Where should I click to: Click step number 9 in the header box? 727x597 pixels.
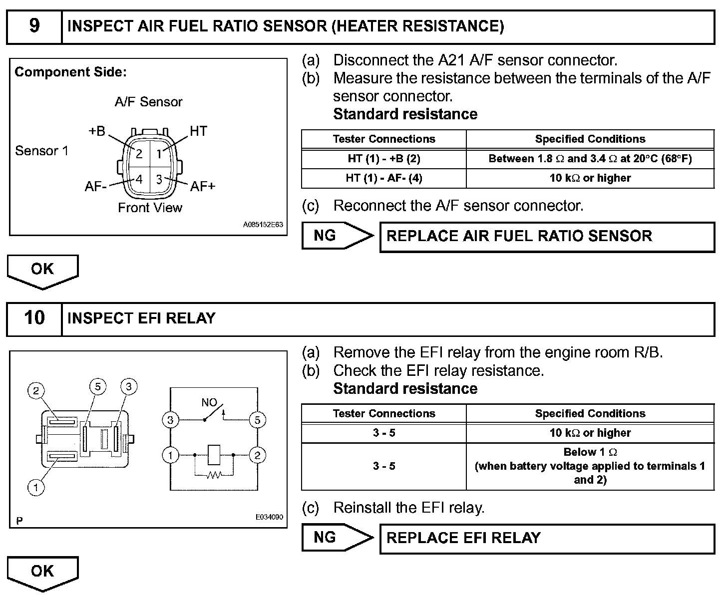pyautogui.click(x=34, y=26)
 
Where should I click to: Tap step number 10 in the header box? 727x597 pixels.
pyautogui.click(x=34, y=318)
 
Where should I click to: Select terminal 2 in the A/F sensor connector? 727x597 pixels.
pyautogui.click(x=139, y=154)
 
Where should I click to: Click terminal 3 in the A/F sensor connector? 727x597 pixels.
pyautogui.click(x=159, y=179)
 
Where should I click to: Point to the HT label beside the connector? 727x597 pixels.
pyautogui.click(x=198, y=131)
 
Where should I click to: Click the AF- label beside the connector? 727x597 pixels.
pyautogui.click(x=95, y=187)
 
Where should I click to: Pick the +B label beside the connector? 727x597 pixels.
pyautogui.click(x=97, y=131)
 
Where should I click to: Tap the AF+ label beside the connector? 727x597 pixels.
pyautogui.click(x=203, y=187)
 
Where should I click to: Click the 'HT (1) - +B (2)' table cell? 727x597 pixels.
pyautogui.click(x=383, y=159)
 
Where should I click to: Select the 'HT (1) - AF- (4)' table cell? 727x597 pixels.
pyautogui.click(x=383, y=178)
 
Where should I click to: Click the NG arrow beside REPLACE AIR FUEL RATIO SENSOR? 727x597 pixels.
pyautogui.click(x=337, y=236)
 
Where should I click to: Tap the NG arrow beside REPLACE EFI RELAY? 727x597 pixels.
pyautogui.click(x=337, y=538)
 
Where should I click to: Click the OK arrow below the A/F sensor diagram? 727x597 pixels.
pyautogui.click(x=42, y=270)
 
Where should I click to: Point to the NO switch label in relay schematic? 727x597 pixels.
pyautogui.click(x=209, y=402)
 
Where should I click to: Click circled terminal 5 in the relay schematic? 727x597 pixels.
pyautogui.click(x=257, y=420)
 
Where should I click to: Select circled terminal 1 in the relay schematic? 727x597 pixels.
pyautogui.click(x=171, y=455)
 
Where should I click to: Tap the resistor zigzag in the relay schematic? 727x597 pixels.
pyautogui.click(x=214, y=475)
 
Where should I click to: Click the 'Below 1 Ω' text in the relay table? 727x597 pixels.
pyautogui.click(x=590, y=452)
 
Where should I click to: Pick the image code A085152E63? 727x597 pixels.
pyautogui.click(x=263, y=225)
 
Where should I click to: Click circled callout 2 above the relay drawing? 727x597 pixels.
pyautogui.click(x=36, y=390)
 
